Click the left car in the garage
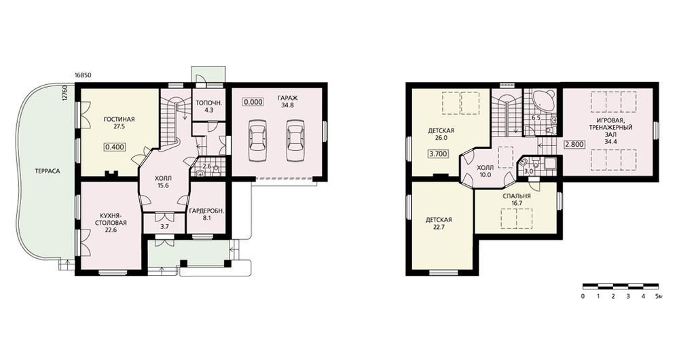(256, 139)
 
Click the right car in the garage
(295, 139)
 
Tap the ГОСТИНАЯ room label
(119, 120)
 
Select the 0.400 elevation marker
(115, 147)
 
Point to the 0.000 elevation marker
(253, 103)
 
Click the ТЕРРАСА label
(48, 171)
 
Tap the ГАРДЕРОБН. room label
(206, 211)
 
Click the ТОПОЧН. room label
(208, 103)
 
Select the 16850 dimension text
(83, 75)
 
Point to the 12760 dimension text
(65, 93)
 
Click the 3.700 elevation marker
(438, 154)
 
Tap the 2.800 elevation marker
(574, 145)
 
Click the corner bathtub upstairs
(539, 101)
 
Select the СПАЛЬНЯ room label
(517, 196)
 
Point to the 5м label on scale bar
(659, 297)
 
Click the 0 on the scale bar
(583, 297)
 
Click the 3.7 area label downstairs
(164, 228)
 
